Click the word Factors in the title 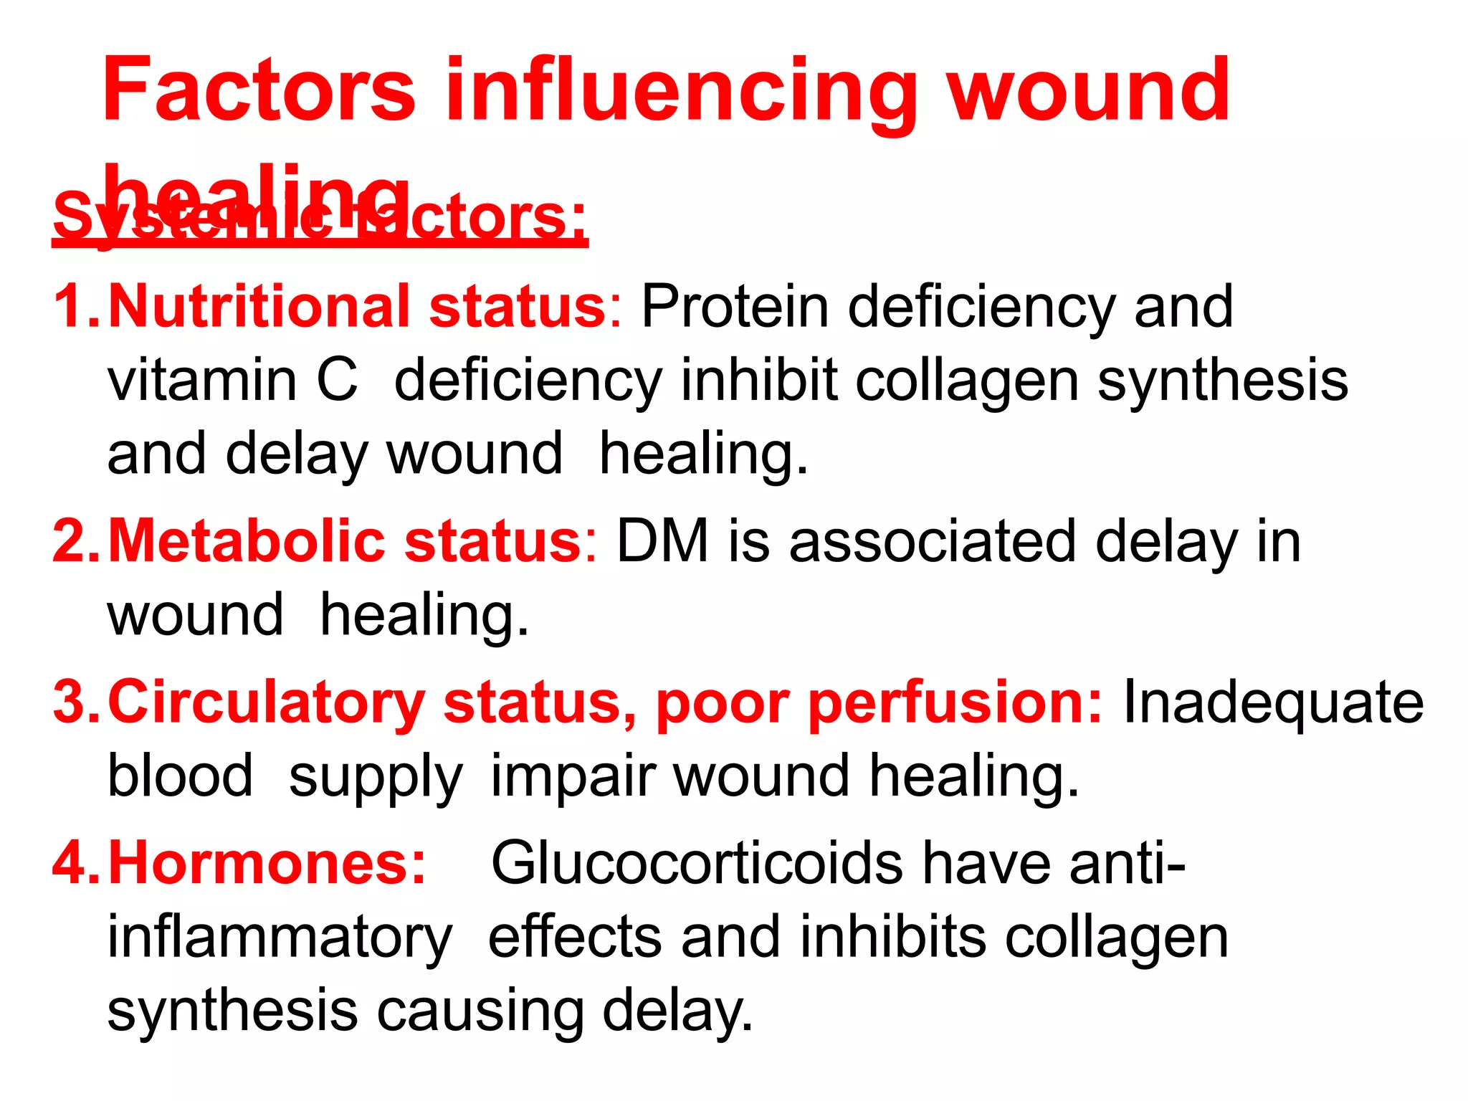click(x=259, y=91)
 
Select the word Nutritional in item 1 click(x=259, y=307)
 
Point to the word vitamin click(x=202, y=381)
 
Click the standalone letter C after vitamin click(x=337, y=381)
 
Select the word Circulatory click(x=266, y=703)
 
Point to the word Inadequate click(x=1273, y=703)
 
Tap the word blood click(x=180, y=776)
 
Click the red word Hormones click(x=267, y=864)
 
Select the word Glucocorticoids click(x=697, y=864)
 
